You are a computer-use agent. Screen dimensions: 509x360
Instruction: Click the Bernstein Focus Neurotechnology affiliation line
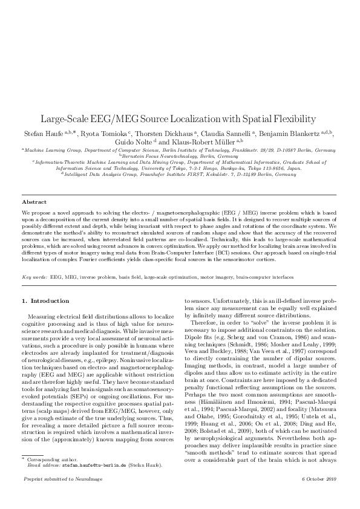pos(180,156)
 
